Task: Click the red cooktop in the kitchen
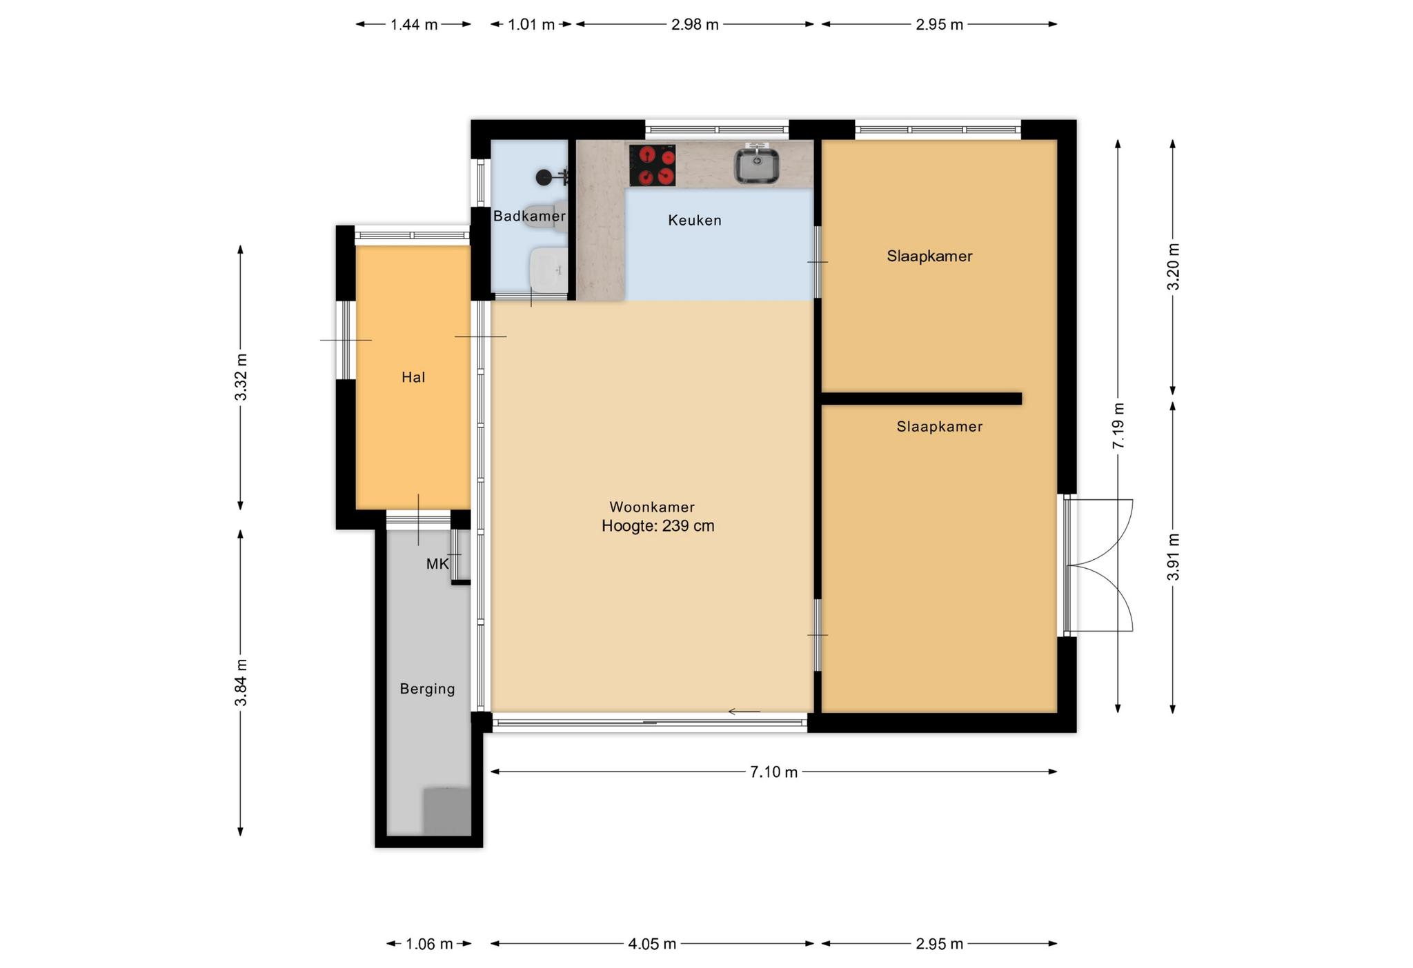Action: pos(652,165)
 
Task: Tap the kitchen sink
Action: pos(756,165)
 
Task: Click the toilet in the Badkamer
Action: pos(546,216)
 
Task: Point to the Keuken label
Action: pos(695,221)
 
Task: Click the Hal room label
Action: pos(413,377)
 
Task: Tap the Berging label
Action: pos(428,689)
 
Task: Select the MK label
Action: pos(437,564)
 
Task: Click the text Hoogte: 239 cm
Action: pos(658,526)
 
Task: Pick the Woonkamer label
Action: pos(652,507)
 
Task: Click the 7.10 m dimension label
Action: pos(773,772)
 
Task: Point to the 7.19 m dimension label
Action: pos(1118,425)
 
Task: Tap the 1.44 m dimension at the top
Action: pos(414,25)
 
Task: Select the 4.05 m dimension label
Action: pos(652,944)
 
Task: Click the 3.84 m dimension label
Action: pos(241,683)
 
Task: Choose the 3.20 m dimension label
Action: pos(1174,267)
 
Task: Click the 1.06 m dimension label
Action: pos(429,944)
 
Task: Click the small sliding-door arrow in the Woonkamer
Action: pos(744,712)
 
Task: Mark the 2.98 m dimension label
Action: pos(695,25)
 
